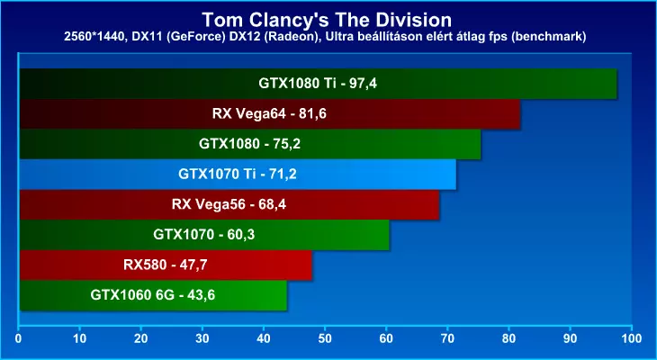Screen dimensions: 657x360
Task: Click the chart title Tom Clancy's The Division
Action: [327, 20]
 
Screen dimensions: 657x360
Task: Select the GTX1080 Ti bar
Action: [318, 84]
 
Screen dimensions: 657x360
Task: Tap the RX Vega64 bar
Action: [270, 114]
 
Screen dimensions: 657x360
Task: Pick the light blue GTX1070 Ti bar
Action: [238, 175]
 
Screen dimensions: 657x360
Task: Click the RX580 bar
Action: [166, 265]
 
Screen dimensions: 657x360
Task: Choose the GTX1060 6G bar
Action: [153, 295]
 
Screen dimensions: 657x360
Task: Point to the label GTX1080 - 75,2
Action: [249, 144]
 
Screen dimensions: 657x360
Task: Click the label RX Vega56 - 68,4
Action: [229, 204]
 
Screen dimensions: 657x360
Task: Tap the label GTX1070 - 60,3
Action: [204, 235]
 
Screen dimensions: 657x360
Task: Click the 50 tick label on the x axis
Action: [324, 338]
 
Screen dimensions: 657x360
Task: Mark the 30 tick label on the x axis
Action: [202, 338]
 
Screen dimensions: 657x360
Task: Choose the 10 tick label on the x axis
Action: [79, 338]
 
